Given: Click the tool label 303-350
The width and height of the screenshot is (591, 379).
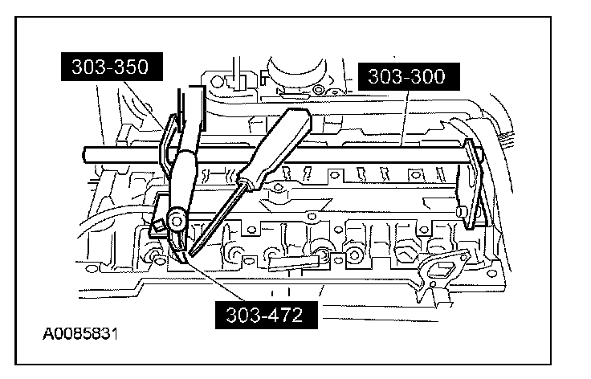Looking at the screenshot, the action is pyautogui.click(x=112, y=67).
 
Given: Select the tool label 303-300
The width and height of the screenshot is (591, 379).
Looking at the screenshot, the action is pyautogui.click(x=409, y=76).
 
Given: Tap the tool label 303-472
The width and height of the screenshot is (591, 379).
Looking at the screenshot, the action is pyautogui.click(x=266, y=315).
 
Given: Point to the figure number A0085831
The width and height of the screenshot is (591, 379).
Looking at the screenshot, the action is pyautogui.click(x=80, y=334).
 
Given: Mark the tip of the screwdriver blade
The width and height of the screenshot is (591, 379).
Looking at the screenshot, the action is pyautogui.click(x=190, y=255).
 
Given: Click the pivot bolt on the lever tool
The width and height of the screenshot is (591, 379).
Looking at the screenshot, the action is pyautogui.click(x=177, y=218).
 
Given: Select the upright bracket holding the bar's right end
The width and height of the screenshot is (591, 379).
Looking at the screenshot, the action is pyautogui.click(x=471, y=183).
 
